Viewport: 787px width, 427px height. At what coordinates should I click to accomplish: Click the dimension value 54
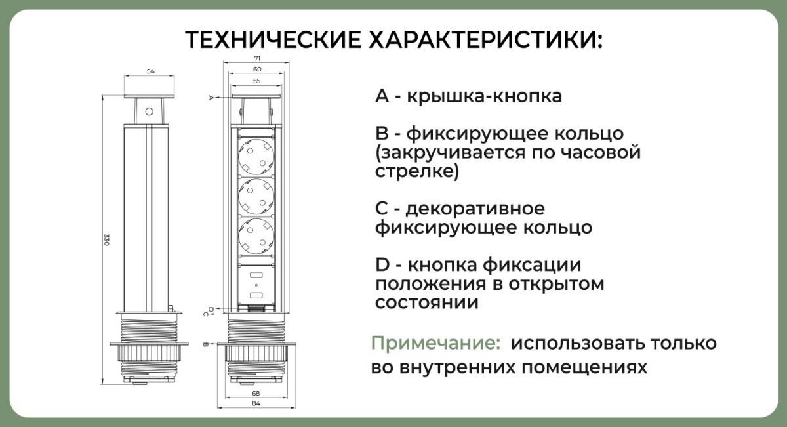point(150,71)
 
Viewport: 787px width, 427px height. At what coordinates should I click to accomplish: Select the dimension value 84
point(256,403)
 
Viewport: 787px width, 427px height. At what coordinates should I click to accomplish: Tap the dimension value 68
point(256,392)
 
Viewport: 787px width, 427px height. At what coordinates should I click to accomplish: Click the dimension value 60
point(256,69)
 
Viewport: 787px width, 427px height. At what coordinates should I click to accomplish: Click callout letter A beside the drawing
point(211,98)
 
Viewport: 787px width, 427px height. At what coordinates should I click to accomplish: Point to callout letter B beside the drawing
point(205,344)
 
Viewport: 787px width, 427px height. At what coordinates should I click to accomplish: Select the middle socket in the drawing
point(256,195)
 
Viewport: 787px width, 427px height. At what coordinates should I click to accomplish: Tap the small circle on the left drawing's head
point(149,111)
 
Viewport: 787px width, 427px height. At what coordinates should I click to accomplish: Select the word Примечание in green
point(433,344)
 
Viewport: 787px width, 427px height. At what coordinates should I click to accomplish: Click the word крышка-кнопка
point(484,96)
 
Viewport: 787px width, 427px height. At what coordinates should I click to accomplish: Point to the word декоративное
point(475,209)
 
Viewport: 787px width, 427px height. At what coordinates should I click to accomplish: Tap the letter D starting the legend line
point(383,265)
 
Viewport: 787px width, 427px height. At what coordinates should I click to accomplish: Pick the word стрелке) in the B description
point(417,172)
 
